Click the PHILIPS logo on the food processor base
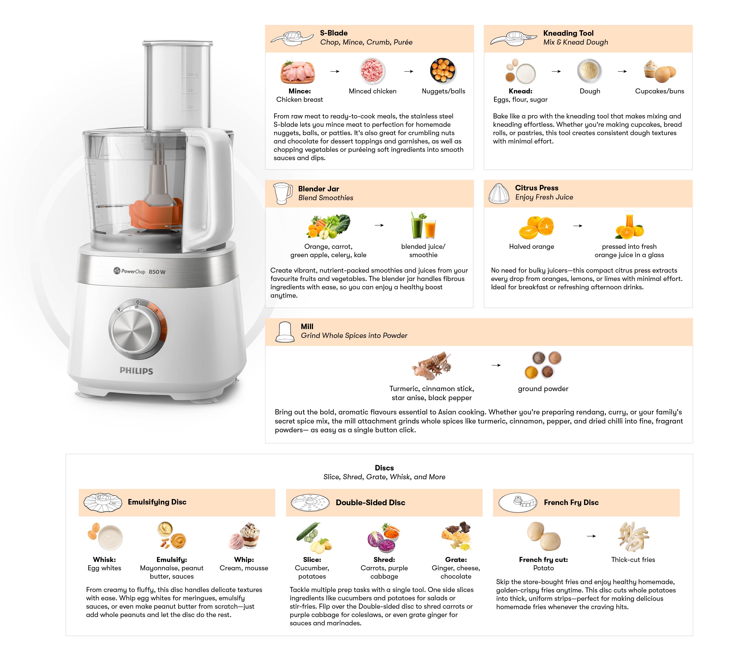click(x=136, y=371)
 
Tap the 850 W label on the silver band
click(x=157, y=272)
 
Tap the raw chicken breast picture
click(x=298, y=72)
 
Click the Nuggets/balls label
click(x=443, y=91)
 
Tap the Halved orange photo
click(x=536, y=227)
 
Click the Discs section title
click(x=384, y=468)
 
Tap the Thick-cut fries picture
click(x=633, y=537)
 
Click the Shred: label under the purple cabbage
click(x=384, y=560)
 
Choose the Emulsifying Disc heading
click(x=157, y=502)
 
